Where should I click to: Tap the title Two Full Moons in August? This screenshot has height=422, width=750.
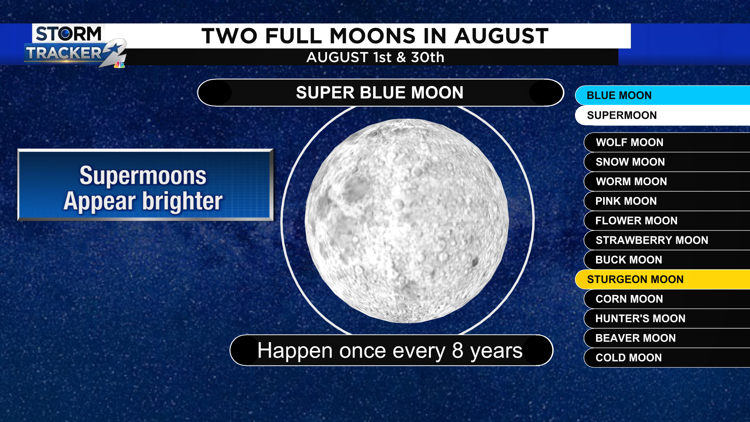(x=375, y=36)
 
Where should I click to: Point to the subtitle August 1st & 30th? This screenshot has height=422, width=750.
(x=375, y=57)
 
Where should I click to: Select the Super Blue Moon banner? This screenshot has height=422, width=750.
(x=380, y=93)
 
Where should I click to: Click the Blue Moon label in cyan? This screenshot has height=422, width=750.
(x=662, y=95)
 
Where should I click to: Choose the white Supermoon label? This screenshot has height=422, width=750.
(x=662, y=115)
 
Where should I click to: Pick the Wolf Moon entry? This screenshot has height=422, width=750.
(x=667, y=142)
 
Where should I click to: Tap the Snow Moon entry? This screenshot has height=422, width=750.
(x=667, y=162)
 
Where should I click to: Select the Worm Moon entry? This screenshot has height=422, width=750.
(x=667, y=181)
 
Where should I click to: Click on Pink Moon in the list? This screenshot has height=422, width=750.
(x=667, y=201)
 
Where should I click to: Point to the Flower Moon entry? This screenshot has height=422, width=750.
(x=667, y=220)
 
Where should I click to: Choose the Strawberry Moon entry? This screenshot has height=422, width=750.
(x=667, y=240)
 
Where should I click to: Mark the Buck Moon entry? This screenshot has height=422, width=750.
(x=667, y=259)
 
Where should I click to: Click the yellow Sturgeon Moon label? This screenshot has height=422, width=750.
(x=662, y=279)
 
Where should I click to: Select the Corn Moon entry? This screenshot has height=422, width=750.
(x=667, y=299)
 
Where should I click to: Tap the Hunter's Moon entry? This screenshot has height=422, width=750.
(x=667, y=318)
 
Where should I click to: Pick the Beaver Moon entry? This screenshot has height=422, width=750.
(x=667, y=338)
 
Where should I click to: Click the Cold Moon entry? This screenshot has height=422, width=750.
(x=667, y=358)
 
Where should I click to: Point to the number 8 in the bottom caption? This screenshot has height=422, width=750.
(x=458, y=350)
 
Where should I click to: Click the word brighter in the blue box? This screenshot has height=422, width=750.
(x=182, y=201)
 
